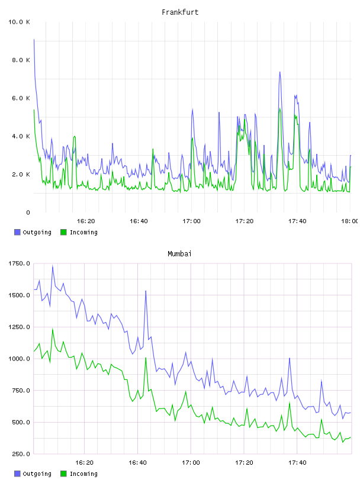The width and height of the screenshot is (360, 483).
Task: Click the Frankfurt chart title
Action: (x=180, y=12)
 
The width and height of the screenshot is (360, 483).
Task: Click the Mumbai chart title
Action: (x=179, y=254)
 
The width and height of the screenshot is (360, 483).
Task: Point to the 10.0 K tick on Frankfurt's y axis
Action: (x=19, y=22)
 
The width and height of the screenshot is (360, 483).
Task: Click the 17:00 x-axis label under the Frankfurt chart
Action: (x=191, y=221)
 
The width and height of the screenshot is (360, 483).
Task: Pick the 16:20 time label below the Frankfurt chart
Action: (x=86, y=221)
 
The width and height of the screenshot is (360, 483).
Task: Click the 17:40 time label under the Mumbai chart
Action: (x=297, y=463)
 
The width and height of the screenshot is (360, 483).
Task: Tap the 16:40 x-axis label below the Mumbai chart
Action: (x=138, y=463)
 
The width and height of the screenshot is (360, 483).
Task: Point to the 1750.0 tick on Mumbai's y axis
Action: (x=19, y=263)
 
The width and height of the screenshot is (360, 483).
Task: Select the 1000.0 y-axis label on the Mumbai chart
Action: (x=19, y=359)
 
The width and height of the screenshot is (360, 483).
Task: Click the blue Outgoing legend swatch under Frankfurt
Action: (x=17, y=232)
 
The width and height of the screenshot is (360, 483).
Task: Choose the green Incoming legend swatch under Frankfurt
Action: (x=63, y=232)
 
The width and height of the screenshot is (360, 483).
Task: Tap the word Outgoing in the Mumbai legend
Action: (x=37, y=474)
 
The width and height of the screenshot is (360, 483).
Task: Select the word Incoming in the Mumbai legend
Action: (x=83, y=474)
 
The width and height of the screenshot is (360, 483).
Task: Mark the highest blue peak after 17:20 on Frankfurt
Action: (x=280, y=72)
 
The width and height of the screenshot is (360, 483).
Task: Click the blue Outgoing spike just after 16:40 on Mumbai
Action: (x=146, y=291)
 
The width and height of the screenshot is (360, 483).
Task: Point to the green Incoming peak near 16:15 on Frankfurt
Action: (x=74, y=137)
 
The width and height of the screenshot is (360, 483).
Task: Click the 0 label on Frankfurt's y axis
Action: (x=28, y=212)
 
